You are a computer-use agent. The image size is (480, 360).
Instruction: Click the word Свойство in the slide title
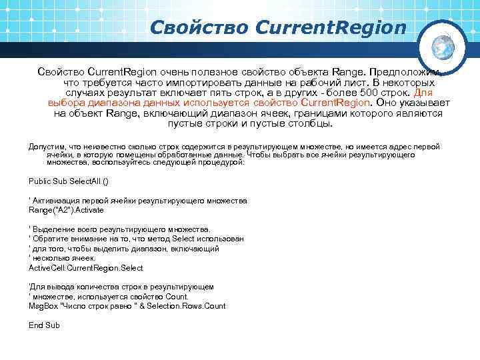click(x=198, y=27)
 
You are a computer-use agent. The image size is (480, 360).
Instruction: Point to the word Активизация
click(x=59, y=201)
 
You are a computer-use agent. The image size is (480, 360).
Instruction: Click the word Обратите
click(x=53, y=239)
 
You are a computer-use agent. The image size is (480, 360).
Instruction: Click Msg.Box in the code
click(x=44, y=306)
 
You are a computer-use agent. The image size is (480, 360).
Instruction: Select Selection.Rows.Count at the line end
click(x=193, y=306)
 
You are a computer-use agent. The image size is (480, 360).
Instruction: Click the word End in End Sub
click(x=36, y=325)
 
